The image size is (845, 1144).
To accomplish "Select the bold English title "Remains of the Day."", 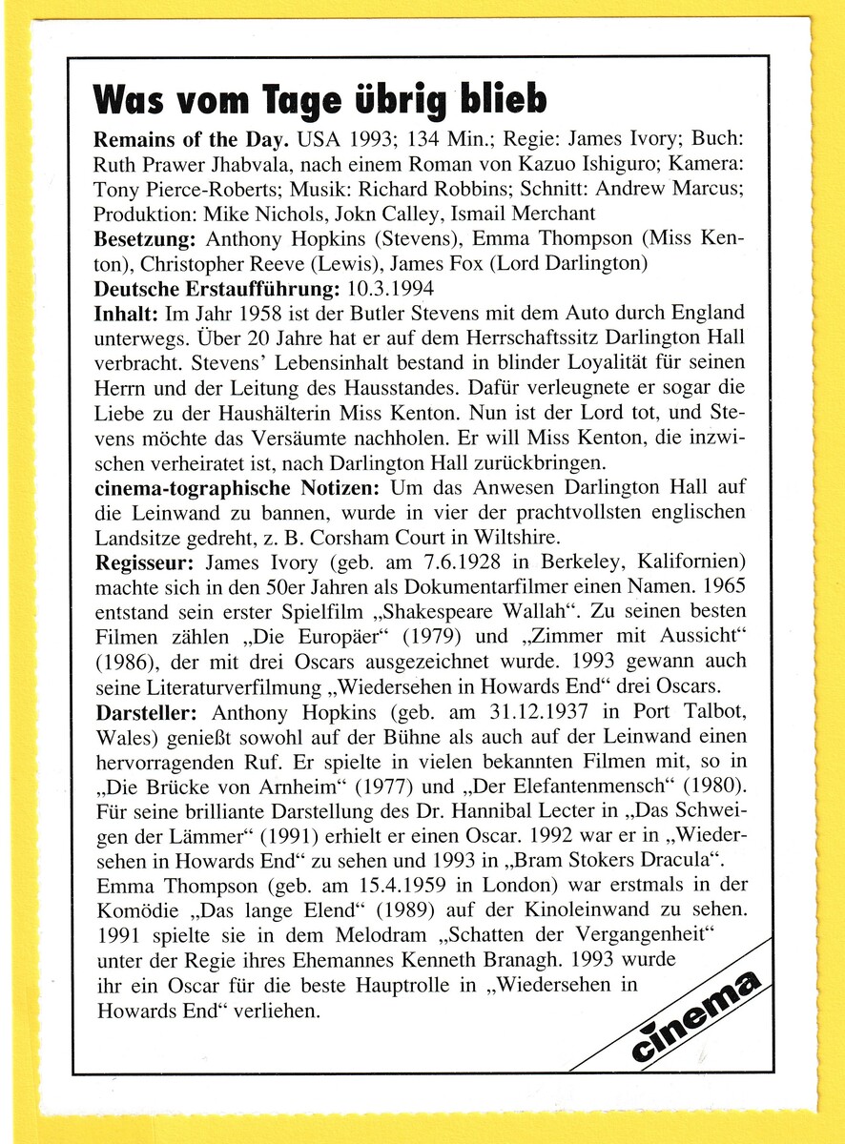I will tap(191, 138).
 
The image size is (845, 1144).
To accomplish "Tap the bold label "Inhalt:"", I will tap(124, 313).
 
